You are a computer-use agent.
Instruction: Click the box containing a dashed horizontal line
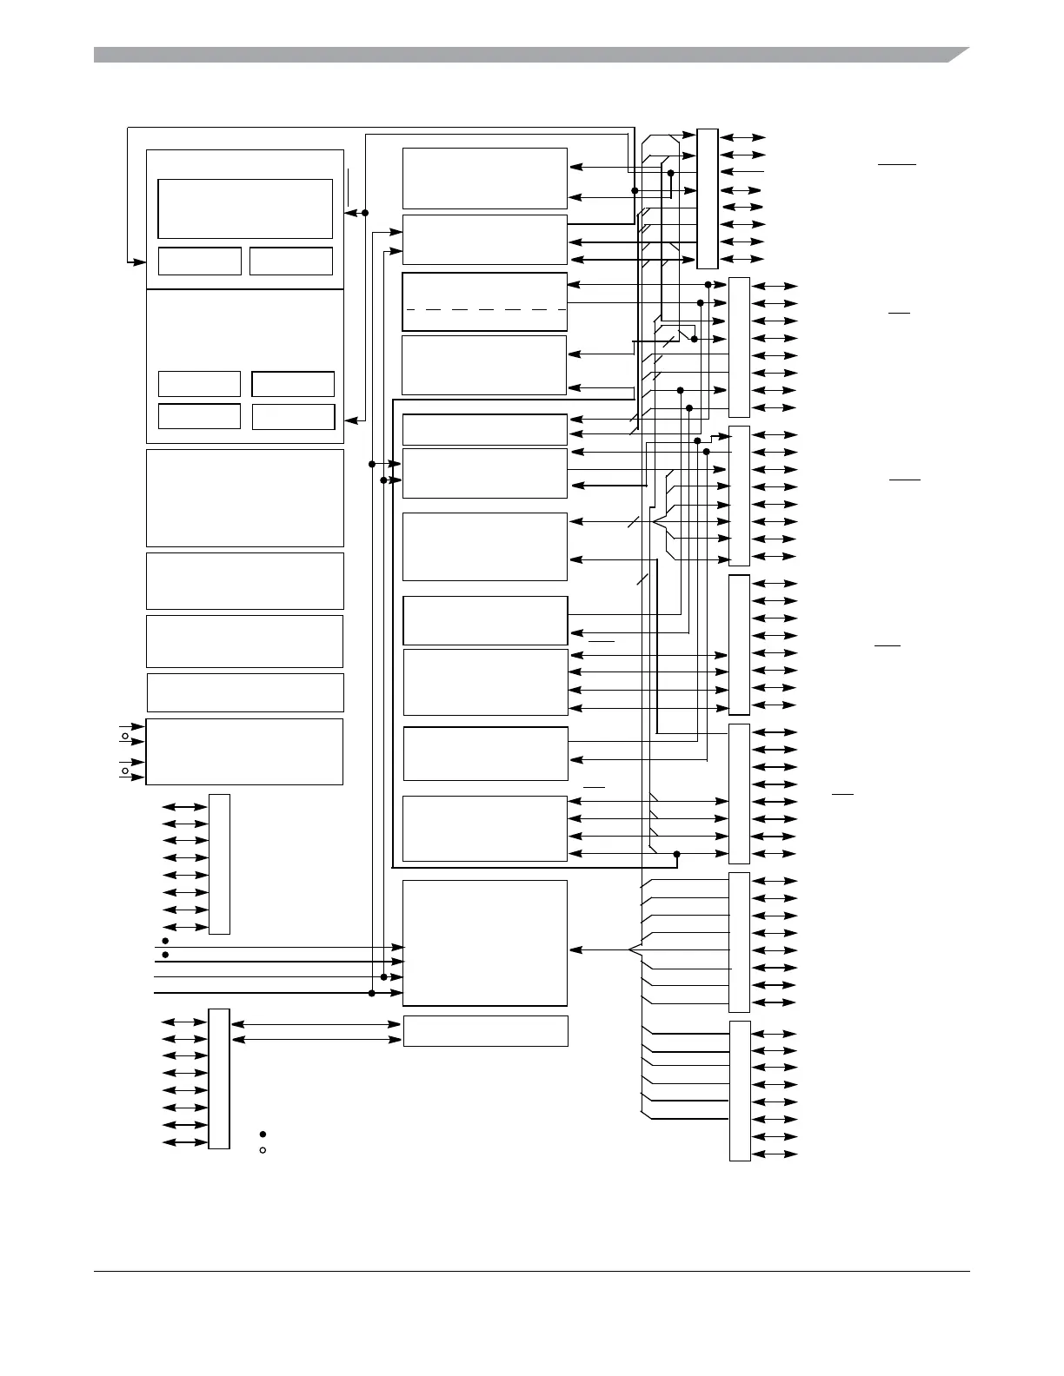point(484,301)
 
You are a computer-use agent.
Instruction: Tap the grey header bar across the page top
point(522,56)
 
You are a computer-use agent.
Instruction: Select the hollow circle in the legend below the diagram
point(263,1150)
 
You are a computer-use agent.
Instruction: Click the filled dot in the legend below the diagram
point(263,1135)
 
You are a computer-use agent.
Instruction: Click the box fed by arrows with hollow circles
point(244,751)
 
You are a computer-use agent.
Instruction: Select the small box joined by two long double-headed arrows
point(485,1031)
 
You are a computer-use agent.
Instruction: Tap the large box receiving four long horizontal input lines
point(485,943)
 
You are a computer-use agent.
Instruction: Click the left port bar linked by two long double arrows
point(219,1078)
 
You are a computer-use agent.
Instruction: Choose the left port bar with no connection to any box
point(219,863)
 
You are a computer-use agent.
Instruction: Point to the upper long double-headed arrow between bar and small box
point(316,1024)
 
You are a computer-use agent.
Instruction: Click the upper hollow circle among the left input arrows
point(125,737)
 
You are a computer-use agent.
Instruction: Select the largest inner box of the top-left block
point(245,208)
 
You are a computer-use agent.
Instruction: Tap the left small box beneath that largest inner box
point(199,261)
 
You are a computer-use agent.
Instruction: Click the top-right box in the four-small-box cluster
point(293,384)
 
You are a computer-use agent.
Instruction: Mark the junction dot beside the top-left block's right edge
point(365,213)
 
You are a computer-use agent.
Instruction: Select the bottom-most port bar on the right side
point(740,1090)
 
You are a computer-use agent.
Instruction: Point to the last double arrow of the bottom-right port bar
point(774,1154)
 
